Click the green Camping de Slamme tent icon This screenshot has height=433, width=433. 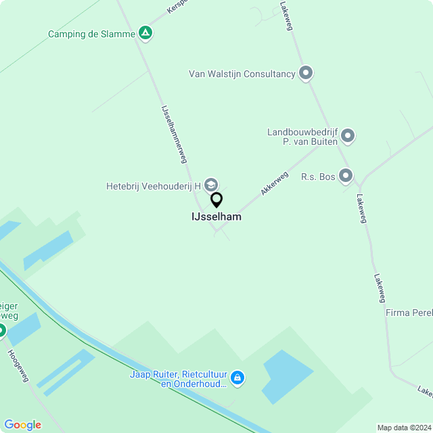coord(145,32)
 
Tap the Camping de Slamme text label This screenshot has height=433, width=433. coord(91,34)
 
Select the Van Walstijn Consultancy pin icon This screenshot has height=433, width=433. coord(306,72)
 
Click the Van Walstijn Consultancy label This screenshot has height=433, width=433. coord(242,74)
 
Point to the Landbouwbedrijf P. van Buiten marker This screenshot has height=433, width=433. coord(348,136)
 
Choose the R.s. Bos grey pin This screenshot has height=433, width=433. coord(346,176)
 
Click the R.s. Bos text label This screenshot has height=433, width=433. coord(318,177)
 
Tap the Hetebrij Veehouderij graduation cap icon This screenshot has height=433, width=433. coord(211,185)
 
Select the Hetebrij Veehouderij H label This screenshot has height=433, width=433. coord(154,185)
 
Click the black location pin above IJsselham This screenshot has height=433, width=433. coord(216,200)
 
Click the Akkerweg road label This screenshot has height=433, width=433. coord(274,183)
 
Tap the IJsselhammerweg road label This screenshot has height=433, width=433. coord(173,133)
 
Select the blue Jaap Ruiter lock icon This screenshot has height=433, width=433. coord(237,378)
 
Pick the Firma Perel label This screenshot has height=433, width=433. coord(409,313)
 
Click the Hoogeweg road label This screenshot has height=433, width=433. coord(18,366)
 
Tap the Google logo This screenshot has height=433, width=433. coord(22,425)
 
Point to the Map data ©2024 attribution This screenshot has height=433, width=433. coord(404,428)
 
